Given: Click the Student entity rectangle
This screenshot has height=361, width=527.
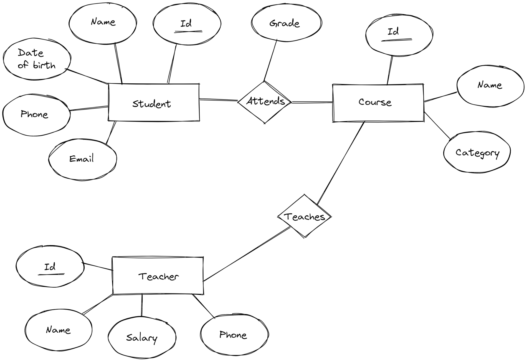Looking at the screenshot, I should pos(153,103).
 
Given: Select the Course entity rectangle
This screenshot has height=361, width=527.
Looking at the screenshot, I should pos(378,103).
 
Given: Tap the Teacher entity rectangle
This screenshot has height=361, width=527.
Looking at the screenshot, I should pos(158,276).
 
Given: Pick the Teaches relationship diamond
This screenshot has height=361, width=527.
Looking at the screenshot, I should pos(304,216).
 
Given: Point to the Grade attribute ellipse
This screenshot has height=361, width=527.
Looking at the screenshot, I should pos(286,23).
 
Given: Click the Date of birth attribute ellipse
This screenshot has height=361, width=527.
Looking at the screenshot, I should pos(37,59).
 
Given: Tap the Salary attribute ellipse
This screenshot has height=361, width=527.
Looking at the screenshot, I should pos(142,337).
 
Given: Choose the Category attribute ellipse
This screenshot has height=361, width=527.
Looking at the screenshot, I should pos(477,153).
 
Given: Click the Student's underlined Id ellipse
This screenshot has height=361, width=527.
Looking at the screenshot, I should pos(187,24).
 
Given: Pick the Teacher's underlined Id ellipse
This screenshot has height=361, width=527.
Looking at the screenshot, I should pos(50,267).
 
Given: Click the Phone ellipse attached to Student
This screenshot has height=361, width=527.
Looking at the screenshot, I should pos(36,115).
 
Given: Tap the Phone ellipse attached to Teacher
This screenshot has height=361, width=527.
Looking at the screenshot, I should pos(234,335).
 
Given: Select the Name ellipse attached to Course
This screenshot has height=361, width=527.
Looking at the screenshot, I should pos(490,86).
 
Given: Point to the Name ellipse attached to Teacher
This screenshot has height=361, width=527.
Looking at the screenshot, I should pos(58,330).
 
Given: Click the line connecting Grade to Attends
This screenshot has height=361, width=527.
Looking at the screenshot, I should pos(270,60).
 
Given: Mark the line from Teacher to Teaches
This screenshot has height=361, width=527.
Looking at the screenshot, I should pos(247,254).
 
